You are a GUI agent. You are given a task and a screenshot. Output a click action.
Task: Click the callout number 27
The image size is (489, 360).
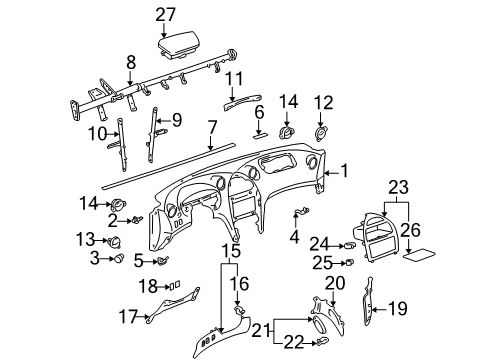165,15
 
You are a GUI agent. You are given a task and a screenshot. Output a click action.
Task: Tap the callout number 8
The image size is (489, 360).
131,62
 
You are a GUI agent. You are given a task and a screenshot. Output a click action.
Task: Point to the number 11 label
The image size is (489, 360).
234,79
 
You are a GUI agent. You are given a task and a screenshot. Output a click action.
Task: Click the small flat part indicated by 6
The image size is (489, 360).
260,136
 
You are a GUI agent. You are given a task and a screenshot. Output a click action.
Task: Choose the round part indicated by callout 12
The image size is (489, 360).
320,134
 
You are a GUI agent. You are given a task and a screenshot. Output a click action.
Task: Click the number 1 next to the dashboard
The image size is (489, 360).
344,171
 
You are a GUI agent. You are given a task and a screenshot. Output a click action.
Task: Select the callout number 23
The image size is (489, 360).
399,188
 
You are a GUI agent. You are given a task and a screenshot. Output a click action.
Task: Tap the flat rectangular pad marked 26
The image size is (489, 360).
419,254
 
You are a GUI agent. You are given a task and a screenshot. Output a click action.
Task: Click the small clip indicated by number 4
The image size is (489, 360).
301,211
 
